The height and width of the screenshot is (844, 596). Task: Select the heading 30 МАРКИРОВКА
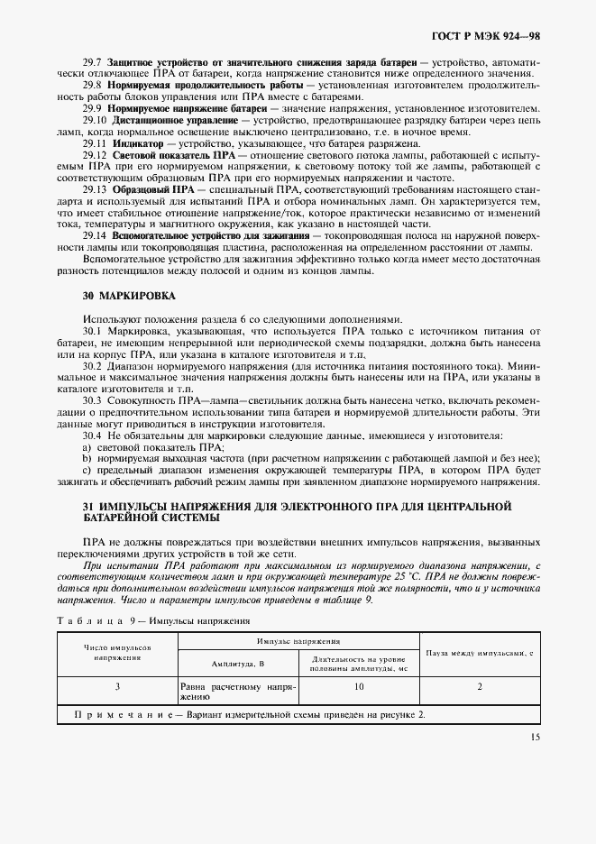pyautogui.click(x=117, y=296)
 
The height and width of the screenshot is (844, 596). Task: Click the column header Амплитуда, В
pyautogui.click(x=237, y=663)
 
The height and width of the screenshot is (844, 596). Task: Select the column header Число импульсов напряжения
pyautogui.click(x=117, y=653)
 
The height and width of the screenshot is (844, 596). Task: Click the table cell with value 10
pyautogui.click(x=359, y=687)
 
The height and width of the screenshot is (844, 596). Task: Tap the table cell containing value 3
pyautogui.click(x=117, y=687)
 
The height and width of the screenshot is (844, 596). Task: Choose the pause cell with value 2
pyautogui.click(x=480, y=687)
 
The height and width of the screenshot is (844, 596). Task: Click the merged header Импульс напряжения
pyautogui.click(x=298, y=641)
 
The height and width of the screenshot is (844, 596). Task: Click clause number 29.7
pyautogui.click(x=93, y=61)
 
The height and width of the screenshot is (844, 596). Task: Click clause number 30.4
pyautogui.click(x=93, y=436)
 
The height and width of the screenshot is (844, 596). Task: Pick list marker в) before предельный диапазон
pyautogui.click(x=87, y=471)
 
